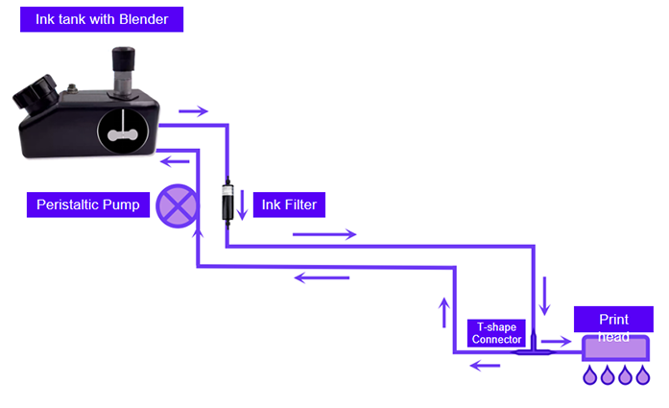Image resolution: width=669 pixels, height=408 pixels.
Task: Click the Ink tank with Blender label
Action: (x=102, y=19)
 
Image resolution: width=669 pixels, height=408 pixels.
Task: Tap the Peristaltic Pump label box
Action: (x=88, y=204)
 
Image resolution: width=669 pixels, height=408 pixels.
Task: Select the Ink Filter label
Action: (x=289, y=204)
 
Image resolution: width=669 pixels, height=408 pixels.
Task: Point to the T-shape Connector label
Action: (x=496, y=333)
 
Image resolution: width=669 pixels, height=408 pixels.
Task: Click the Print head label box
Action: (x=613, y=320)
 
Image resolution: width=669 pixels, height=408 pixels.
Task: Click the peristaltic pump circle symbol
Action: (x=177, y=206)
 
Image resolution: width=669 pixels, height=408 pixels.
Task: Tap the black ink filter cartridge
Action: (x=227, y=203)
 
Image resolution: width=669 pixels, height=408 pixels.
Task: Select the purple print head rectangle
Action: (x=616, y=348)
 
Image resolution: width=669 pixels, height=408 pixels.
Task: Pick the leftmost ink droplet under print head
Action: (x=590, y=375)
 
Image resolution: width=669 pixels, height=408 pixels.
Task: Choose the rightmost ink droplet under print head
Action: (x=643, y=375)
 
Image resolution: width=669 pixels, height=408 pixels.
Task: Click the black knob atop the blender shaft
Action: (x=123, y=59)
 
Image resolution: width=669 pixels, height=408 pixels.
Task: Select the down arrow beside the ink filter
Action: (x=242, y=204)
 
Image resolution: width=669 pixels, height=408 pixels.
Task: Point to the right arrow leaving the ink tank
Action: (x=193, y=111)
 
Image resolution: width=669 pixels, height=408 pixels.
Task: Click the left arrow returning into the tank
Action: (x=175, y=161)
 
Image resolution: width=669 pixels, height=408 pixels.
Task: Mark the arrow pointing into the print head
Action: (x=557, y=341)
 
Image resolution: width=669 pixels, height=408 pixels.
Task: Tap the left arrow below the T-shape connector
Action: (x=485, y=366)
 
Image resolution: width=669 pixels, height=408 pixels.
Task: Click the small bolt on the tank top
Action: (x=72, y=88)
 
